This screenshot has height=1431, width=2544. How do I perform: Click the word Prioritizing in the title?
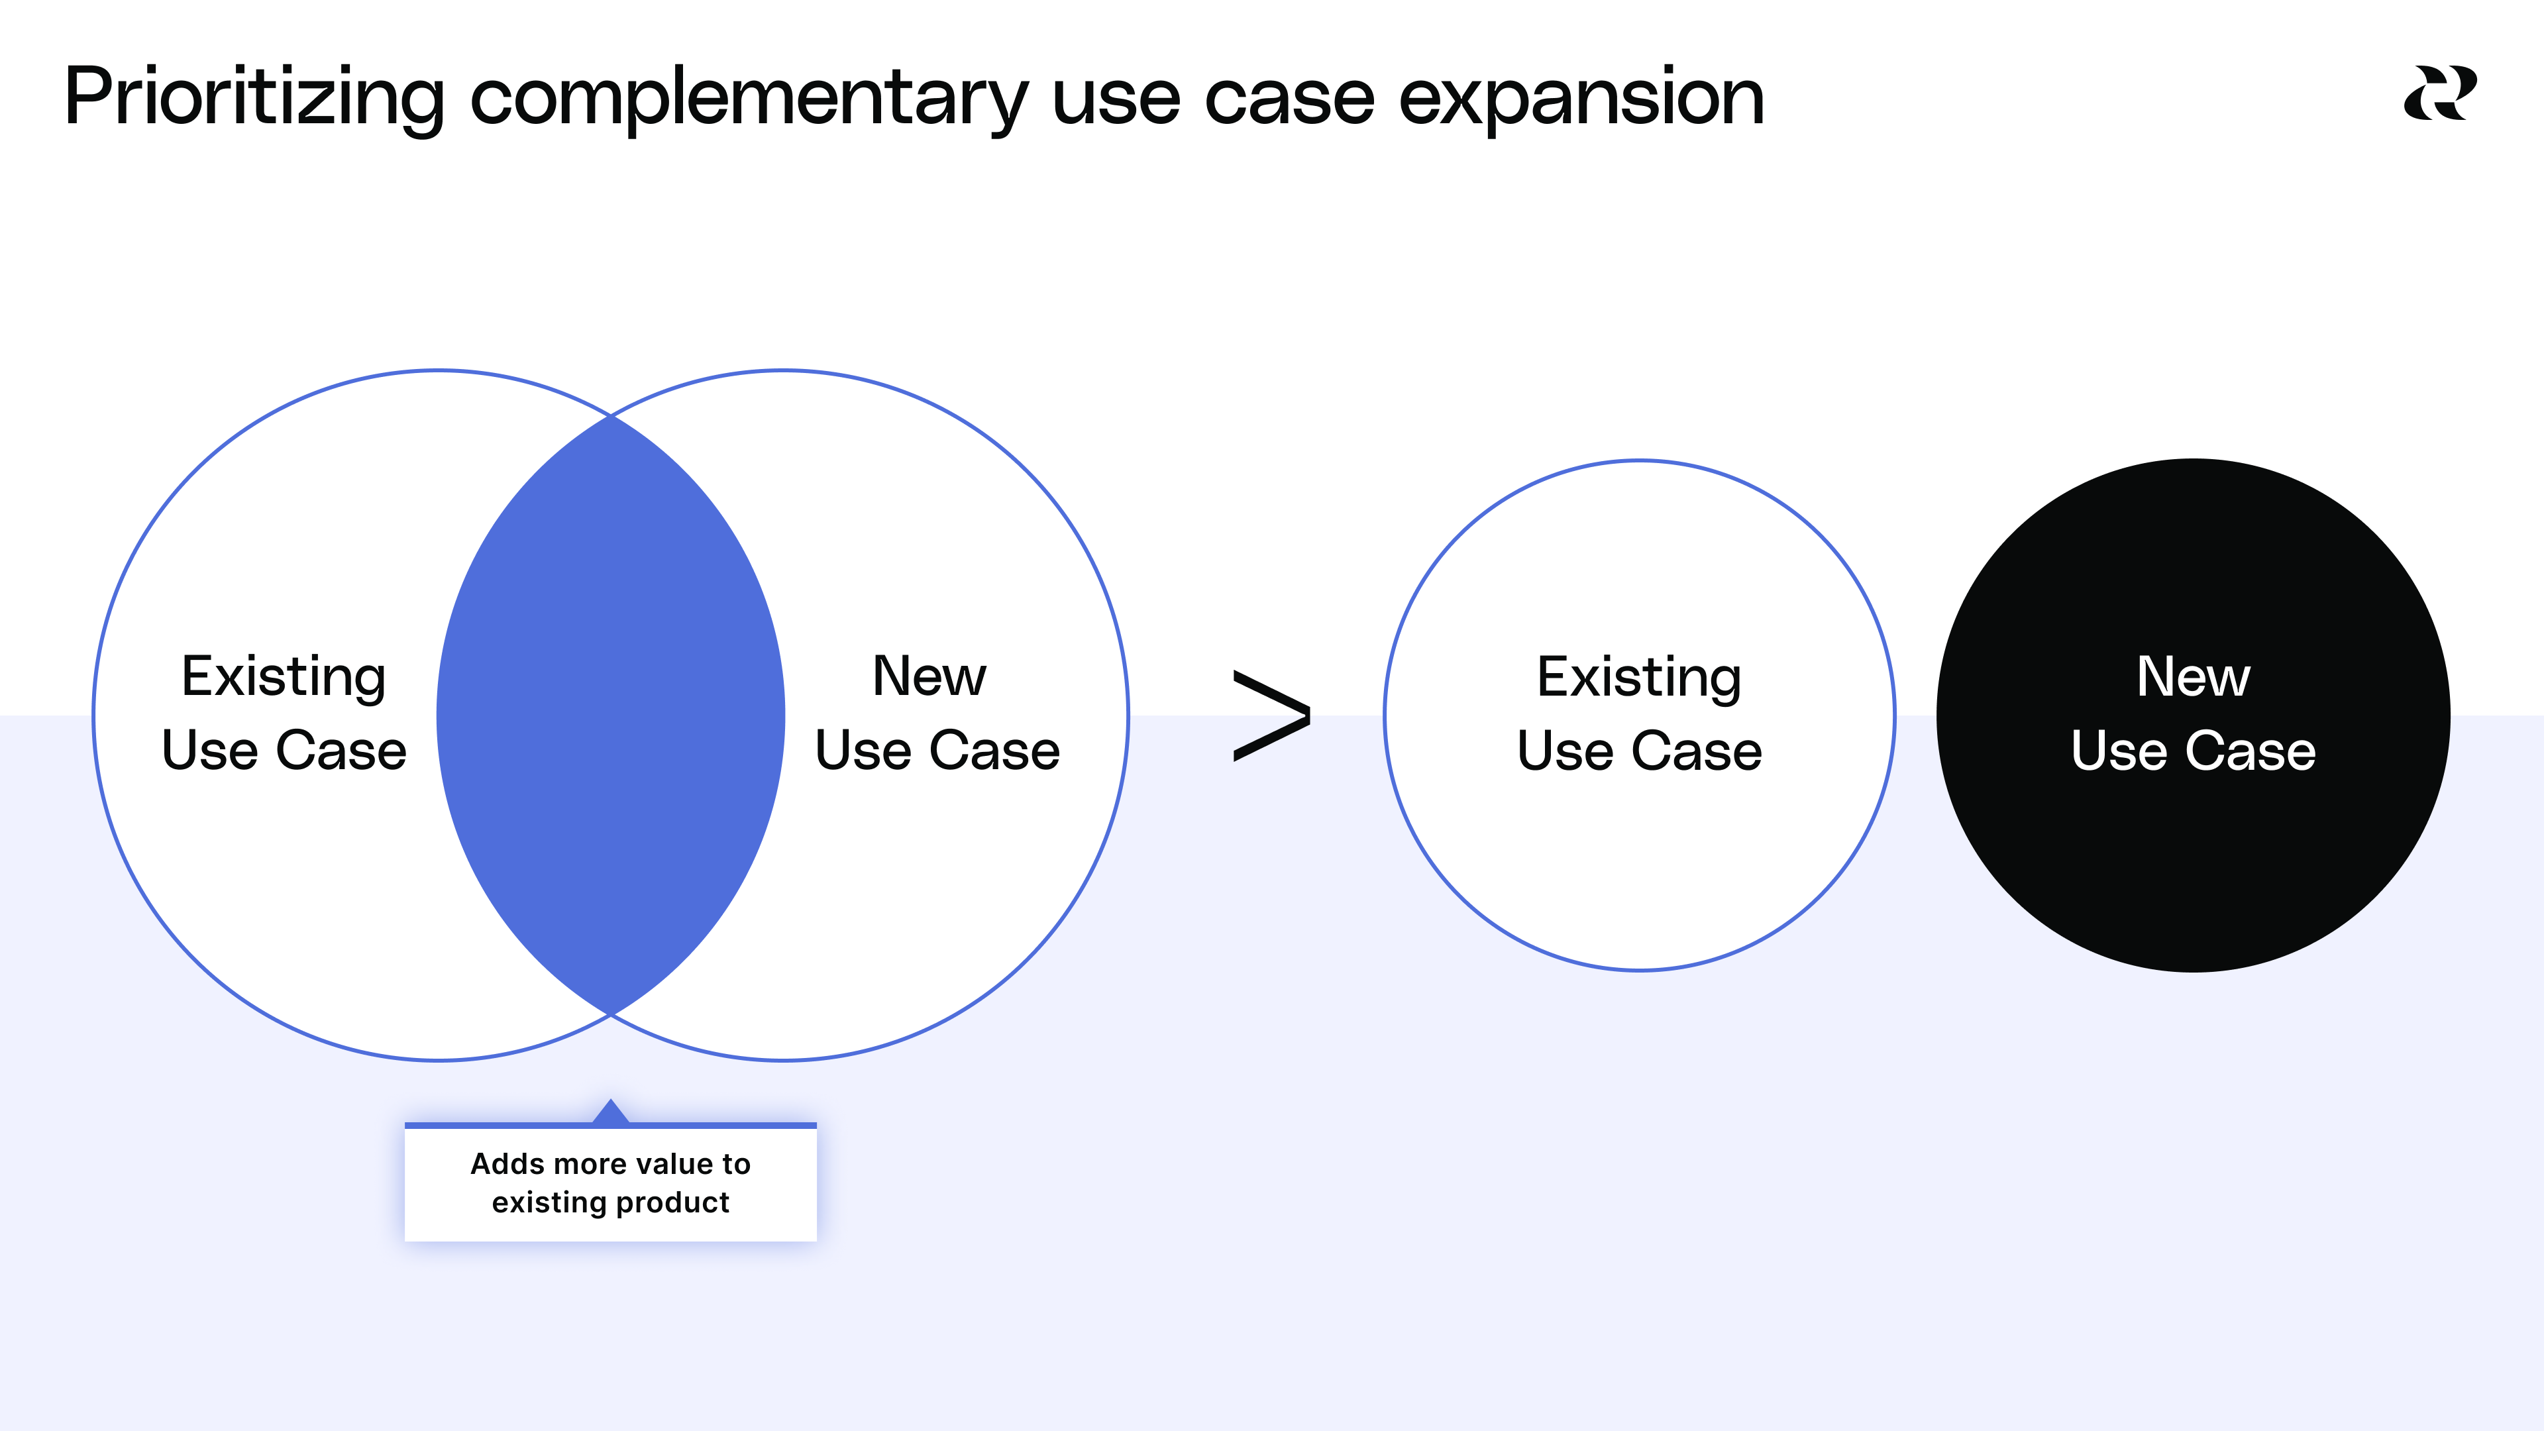[x=254, y=98]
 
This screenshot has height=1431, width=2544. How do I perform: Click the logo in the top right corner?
[x=2439, y=94]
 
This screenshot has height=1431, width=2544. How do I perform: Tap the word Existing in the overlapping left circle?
[x=284, y=678]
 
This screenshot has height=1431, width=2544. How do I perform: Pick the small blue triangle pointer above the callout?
[x=610, y=1112]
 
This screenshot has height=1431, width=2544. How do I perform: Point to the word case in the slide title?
[x=1289, y=98]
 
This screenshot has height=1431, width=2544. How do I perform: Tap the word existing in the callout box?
[x=548, y=1203]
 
